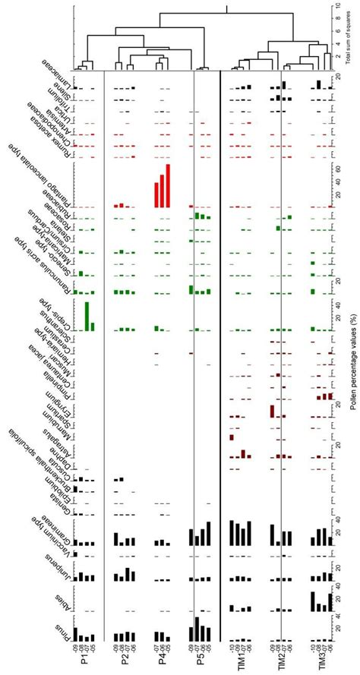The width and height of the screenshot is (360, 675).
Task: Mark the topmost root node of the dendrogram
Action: click(x=227, y=8)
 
